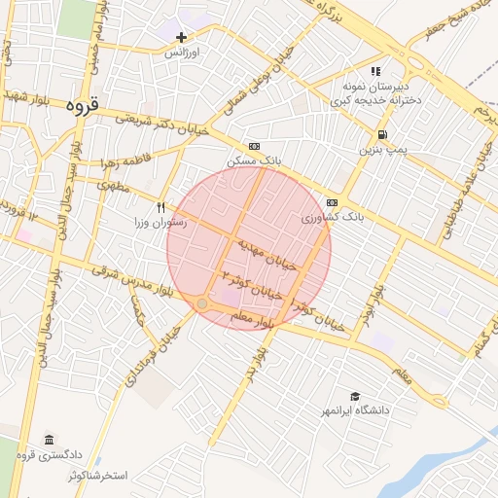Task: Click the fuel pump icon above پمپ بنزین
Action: click(x=382, y=134)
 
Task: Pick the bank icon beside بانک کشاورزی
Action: click(x=333, y=201)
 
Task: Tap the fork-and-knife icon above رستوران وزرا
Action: click(x=161, y=207)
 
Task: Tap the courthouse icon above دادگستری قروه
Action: click(x=50, y=440)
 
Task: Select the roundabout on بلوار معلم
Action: click(x=201, y=304)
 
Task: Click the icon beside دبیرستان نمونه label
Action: click(x=375, y=72)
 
